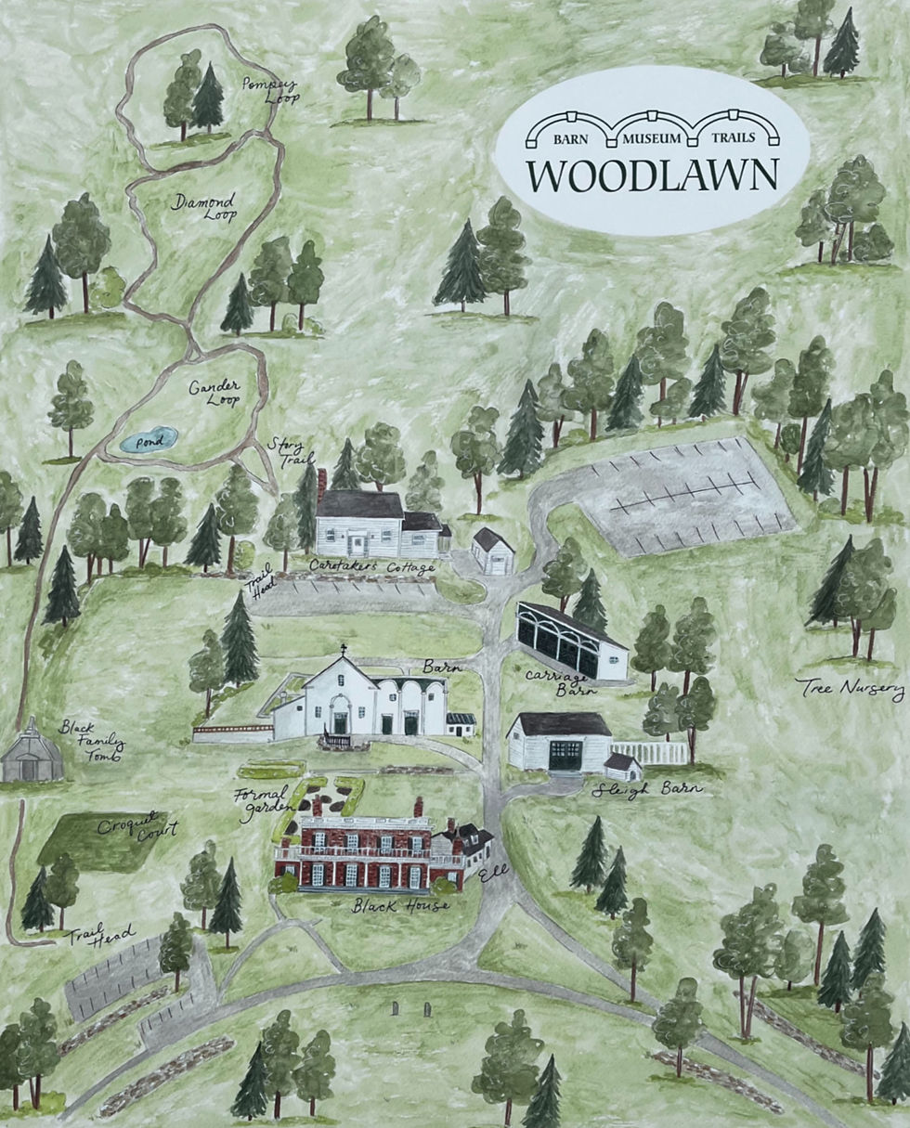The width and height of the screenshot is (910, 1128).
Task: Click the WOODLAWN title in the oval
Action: coord(652,175)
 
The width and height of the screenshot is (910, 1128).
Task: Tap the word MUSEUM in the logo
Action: coord(652,138)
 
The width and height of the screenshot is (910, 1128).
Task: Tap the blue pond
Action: coord(149,439)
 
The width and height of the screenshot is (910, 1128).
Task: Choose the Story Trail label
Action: coord(291,453)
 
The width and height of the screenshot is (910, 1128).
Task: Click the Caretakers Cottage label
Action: coord(372,565)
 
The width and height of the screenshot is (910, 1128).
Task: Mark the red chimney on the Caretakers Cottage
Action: coord(321,482)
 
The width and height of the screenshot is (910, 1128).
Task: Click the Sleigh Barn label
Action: coord(647,789)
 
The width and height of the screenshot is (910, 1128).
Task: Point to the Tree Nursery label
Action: coord(850,688)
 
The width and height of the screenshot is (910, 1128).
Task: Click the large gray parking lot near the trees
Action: coord(682,497)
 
